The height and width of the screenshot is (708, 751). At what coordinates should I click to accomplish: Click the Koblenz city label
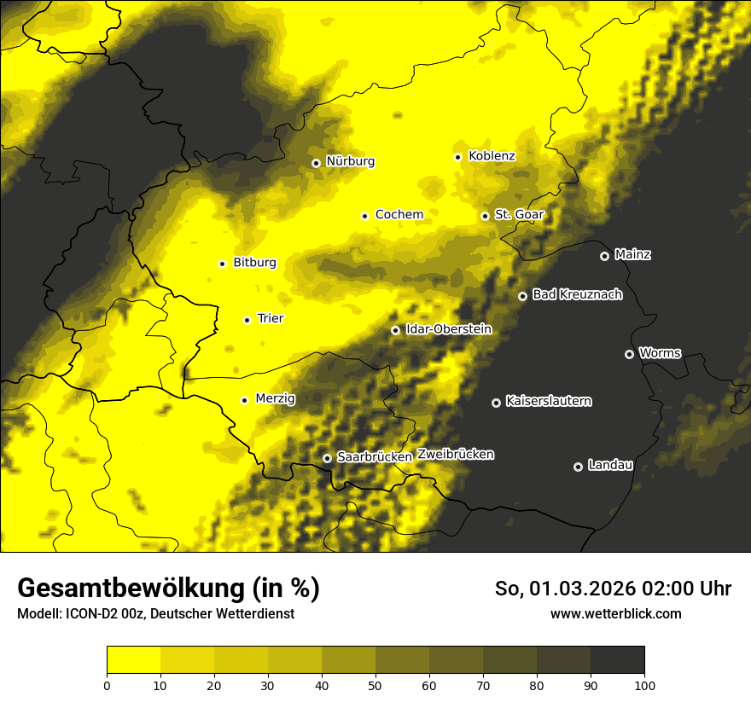492,156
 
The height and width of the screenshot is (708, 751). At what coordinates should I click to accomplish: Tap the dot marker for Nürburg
316,162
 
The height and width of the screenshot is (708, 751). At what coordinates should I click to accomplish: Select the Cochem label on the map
399,215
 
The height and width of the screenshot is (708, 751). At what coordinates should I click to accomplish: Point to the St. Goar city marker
485,216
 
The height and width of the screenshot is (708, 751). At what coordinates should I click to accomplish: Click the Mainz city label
632,255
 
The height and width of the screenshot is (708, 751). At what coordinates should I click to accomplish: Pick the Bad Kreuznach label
577,295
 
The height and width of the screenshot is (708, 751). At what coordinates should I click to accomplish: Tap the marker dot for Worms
629,354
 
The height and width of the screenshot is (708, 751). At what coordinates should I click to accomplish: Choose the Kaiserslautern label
549,402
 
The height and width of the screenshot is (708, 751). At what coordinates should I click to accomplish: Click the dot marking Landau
578,467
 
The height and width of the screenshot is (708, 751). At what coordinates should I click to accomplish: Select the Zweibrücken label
456,455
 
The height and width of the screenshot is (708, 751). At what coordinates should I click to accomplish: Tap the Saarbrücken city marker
327,458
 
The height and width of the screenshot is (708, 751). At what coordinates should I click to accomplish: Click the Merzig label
275,399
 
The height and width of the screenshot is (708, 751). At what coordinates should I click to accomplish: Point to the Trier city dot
247,320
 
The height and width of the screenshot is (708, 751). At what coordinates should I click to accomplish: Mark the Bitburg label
254,263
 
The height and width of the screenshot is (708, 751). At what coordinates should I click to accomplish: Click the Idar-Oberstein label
449,329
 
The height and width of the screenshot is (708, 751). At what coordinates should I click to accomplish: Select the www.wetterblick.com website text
616,614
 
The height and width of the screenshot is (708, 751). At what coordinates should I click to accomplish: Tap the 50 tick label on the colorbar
375,685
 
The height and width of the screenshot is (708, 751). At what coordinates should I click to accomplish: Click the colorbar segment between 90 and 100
617,660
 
